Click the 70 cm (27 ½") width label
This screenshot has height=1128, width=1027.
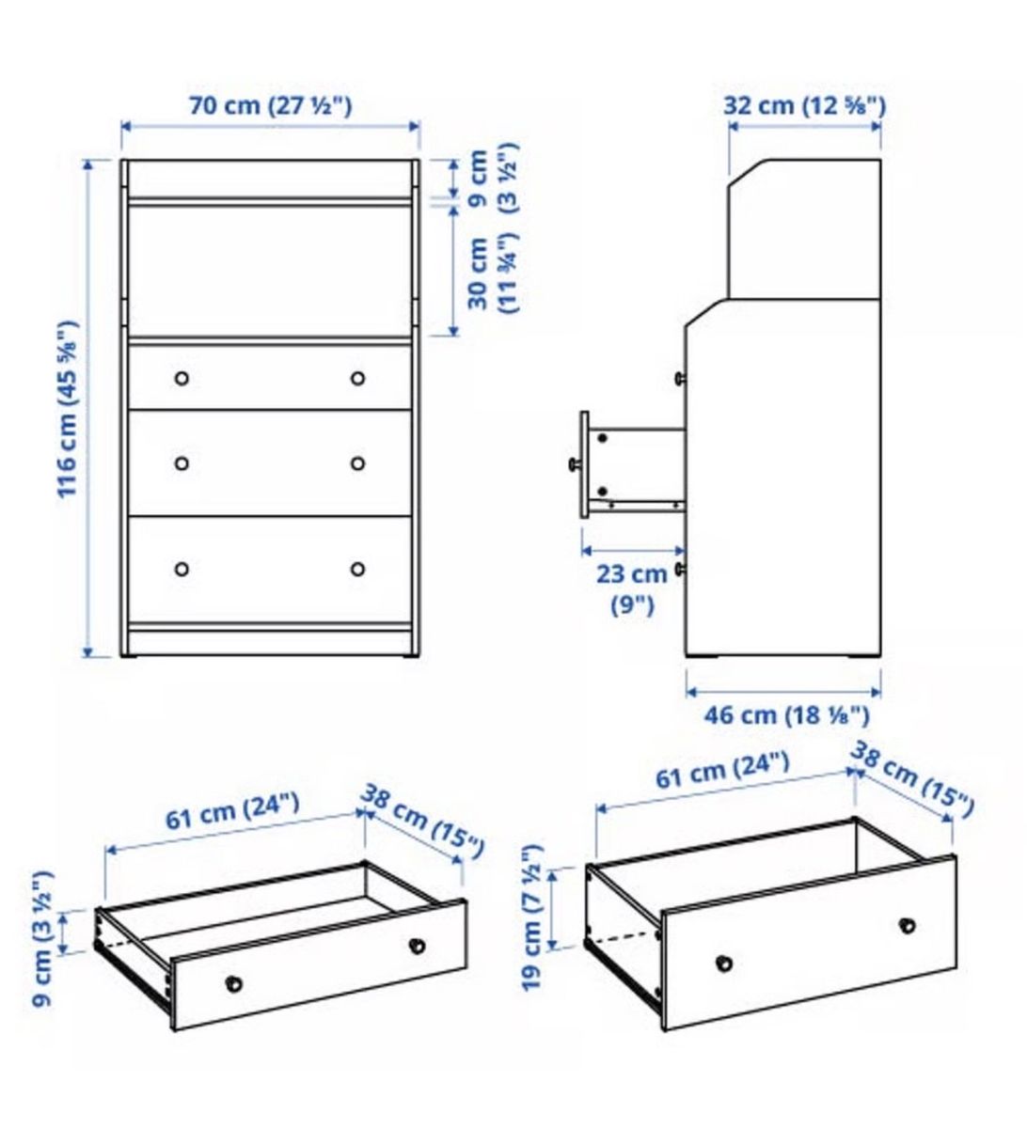[x=270, y=105]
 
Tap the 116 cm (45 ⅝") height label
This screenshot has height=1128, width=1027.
[x=69, y=409]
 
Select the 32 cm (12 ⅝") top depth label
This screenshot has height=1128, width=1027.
[x=804, y=105]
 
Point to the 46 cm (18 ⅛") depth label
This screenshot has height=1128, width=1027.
[x=787, y=715]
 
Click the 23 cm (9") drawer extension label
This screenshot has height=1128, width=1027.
[x=632, y=590]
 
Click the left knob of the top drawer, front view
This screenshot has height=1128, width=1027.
[x=182, y=378]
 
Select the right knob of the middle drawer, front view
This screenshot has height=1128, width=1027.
[x=357, y=463]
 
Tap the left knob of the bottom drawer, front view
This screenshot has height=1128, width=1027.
[x=182, y=569]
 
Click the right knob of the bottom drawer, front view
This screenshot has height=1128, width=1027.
[x=357, y=569]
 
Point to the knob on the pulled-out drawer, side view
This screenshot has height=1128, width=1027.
[x=575, y=464]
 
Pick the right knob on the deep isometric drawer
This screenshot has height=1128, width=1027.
[x=907, y=926]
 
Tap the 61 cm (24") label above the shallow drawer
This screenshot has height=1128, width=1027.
[x=232, y=810]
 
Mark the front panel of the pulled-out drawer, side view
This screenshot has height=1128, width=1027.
[x=585, y=464]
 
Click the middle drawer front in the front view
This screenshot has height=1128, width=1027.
[x=270, y=462]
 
